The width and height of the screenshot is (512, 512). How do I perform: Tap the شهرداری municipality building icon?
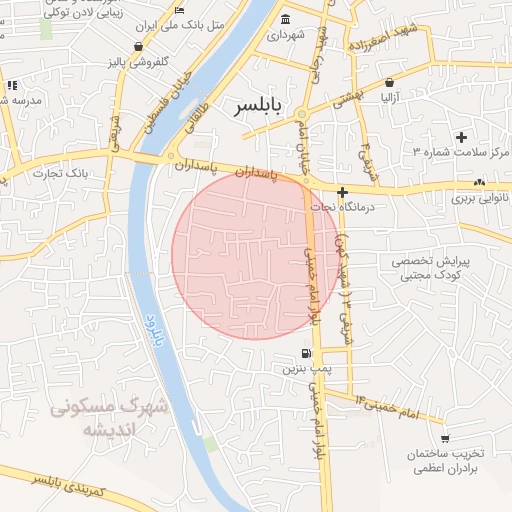coord(286,20)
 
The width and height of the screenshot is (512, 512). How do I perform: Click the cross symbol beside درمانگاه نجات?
coord(342,191)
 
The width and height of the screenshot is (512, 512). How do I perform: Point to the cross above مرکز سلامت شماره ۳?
coord(461,136)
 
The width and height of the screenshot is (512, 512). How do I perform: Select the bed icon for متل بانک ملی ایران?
coord(179,10)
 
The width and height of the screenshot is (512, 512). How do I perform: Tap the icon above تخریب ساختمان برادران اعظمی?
coord(444,438)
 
